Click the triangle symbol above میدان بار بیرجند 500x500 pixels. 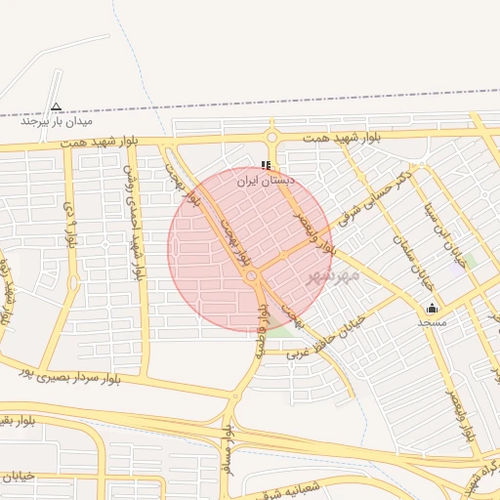[56, 107]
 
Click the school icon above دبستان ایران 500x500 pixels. [266, 166]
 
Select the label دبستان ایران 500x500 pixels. [266, 181]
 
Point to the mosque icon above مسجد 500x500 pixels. [433, 308]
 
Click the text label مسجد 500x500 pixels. [432, 321]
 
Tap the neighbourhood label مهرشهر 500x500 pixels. [334, 275]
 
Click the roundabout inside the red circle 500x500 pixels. [252, 279]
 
